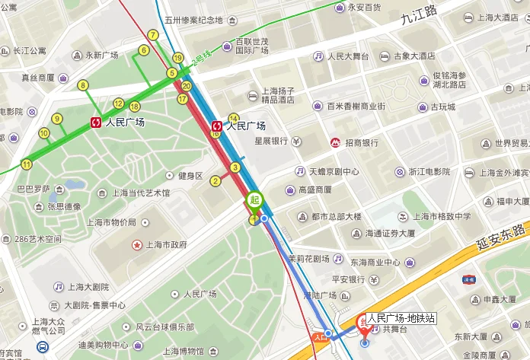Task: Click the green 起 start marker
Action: click(x=254, y=199)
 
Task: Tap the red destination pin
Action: click(x=363, y=329)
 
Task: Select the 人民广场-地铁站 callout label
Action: click(x=401, y=318)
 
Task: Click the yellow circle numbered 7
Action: click(x=153, y=35)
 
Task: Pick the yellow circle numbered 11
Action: click(x=27, y=164)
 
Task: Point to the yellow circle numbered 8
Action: click(x=82, y=85)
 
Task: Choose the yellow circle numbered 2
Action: click(x=216, y=180)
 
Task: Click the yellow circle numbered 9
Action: click(x=57, y=118)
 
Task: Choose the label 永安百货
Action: click(x=364, y=7)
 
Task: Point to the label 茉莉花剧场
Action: click(x=308, y=259)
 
